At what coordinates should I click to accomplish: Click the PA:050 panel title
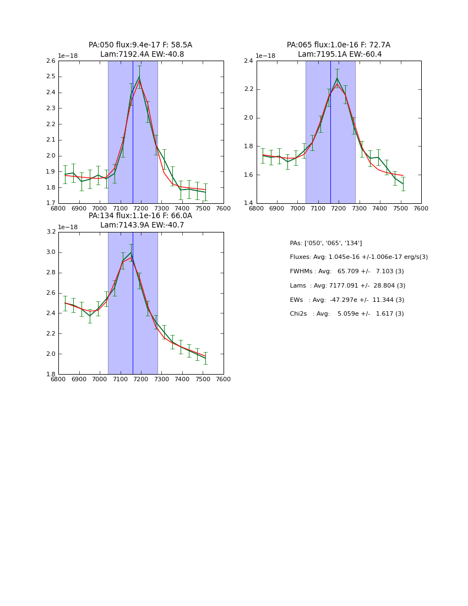point(140,45)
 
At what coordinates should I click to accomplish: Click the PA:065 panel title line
point(338,45)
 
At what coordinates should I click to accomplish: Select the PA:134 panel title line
point(140,216)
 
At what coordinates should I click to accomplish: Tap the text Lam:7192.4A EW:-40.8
point(142,55)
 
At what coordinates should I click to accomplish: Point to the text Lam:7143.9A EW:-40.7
point(142,225)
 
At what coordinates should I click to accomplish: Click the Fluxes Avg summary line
point(358,257)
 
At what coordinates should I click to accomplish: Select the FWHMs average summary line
point(347,272)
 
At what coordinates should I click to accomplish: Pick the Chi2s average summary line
point(347,314)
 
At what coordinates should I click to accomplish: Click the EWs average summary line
point(347,300)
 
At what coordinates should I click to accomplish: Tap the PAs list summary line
point(326,244)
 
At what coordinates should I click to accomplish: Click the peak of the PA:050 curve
point(139,76)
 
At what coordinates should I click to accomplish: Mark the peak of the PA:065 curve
point(337,78)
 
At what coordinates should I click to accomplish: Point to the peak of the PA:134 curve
point(131,253)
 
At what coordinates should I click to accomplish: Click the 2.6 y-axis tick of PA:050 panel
point(50,61)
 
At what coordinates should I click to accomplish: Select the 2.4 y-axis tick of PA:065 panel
point(248,61)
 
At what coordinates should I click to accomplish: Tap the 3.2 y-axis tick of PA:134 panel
point(50,232)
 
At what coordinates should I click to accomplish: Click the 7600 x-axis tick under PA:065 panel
point(421,209)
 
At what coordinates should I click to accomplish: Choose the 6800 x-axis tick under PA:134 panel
point(58,380)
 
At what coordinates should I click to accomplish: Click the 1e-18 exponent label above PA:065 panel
point(266,56)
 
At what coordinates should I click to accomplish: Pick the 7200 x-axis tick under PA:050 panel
point(141,209)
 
